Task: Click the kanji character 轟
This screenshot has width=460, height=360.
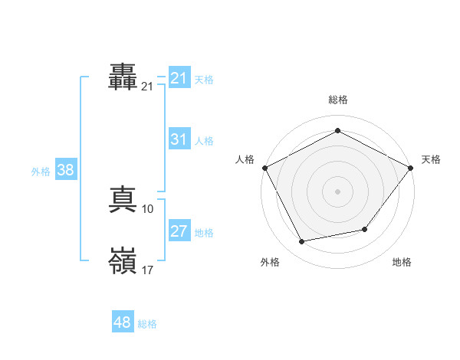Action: point(123,78)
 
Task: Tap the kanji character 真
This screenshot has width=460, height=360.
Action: point(123,201)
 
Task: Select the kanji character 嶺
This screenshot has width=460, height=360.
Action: point(123,261)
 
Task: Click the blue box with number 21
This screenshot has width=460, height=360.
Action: point(179,78)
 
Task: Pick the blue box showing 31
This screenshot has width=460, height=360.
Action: point(179,139)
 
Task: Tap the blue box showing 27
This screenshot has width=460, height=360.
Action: point(179,231)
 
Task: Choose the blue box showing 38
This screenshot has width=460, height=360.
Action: point(65,170)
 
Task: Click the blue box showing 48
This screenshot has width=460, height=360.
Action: point(123,322)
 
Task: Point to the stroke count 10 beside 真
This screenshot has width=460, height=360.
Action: point(148,209)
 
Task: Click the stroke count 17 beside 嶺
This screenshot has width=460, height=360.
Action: point(148,270)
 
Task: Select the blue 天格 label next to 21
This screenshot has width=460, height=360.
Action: point(204,80)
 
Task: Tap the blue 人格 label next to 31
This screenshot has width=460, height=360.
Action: point(204,141)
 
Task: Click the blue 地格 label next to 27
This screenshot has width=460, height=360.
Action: point(204,233)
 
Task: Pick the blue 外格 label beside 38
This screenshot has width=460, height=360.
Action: point(41,172)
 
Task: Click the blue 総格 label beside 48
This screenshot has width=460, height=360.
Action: point(147,324)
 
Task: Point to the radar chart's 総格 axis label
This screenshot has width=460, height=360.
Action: point(337,100)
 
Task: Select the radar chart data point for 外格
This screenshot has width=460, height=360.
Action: point(302,242)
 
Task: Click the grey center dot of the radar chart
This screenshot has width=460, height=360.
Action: point(337,191)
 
